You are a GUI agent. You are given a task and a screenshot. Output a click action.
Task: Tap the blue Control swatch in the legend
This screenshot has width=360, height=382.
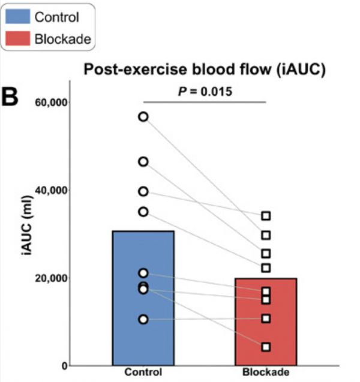click(17, 16)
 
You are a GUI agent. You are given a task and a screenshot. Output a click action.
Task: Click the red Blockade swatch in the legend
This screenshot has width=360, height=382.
click(17, 40)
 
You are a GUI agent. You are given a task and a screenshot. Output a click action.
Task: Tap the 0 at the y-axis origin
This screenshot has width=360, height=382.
click(64, 366)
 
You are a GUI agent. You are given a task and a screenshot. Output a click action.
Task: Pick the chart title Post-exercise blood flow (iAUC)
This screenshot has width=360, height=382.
click(204, 70)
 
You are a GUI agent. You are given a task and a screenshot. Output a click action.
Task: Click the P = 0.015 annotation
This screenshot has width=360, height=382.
click(204, 92)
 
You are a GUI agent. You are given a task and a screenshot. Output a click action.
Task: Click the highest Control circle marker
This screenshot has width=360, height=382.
click(143, 116)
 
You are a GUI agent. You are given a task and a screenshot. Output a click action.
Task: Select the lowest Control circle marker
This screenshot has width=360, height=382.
click(143, 319)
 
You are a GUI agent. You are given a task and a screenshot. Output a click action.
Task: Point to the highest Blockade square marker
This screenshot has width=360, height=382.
click(266, 215)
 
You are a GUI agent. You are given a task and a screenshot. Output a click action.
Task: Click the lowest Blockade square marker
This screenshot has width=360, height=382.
click(266, 347)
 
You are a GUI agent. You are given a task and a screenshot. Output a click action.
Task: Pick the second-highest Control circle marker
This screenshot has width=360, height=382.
click(143, 161)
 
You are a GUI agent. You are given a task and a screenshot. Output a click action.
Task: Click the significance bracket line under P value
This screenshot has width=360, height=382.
click(204, 102)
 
